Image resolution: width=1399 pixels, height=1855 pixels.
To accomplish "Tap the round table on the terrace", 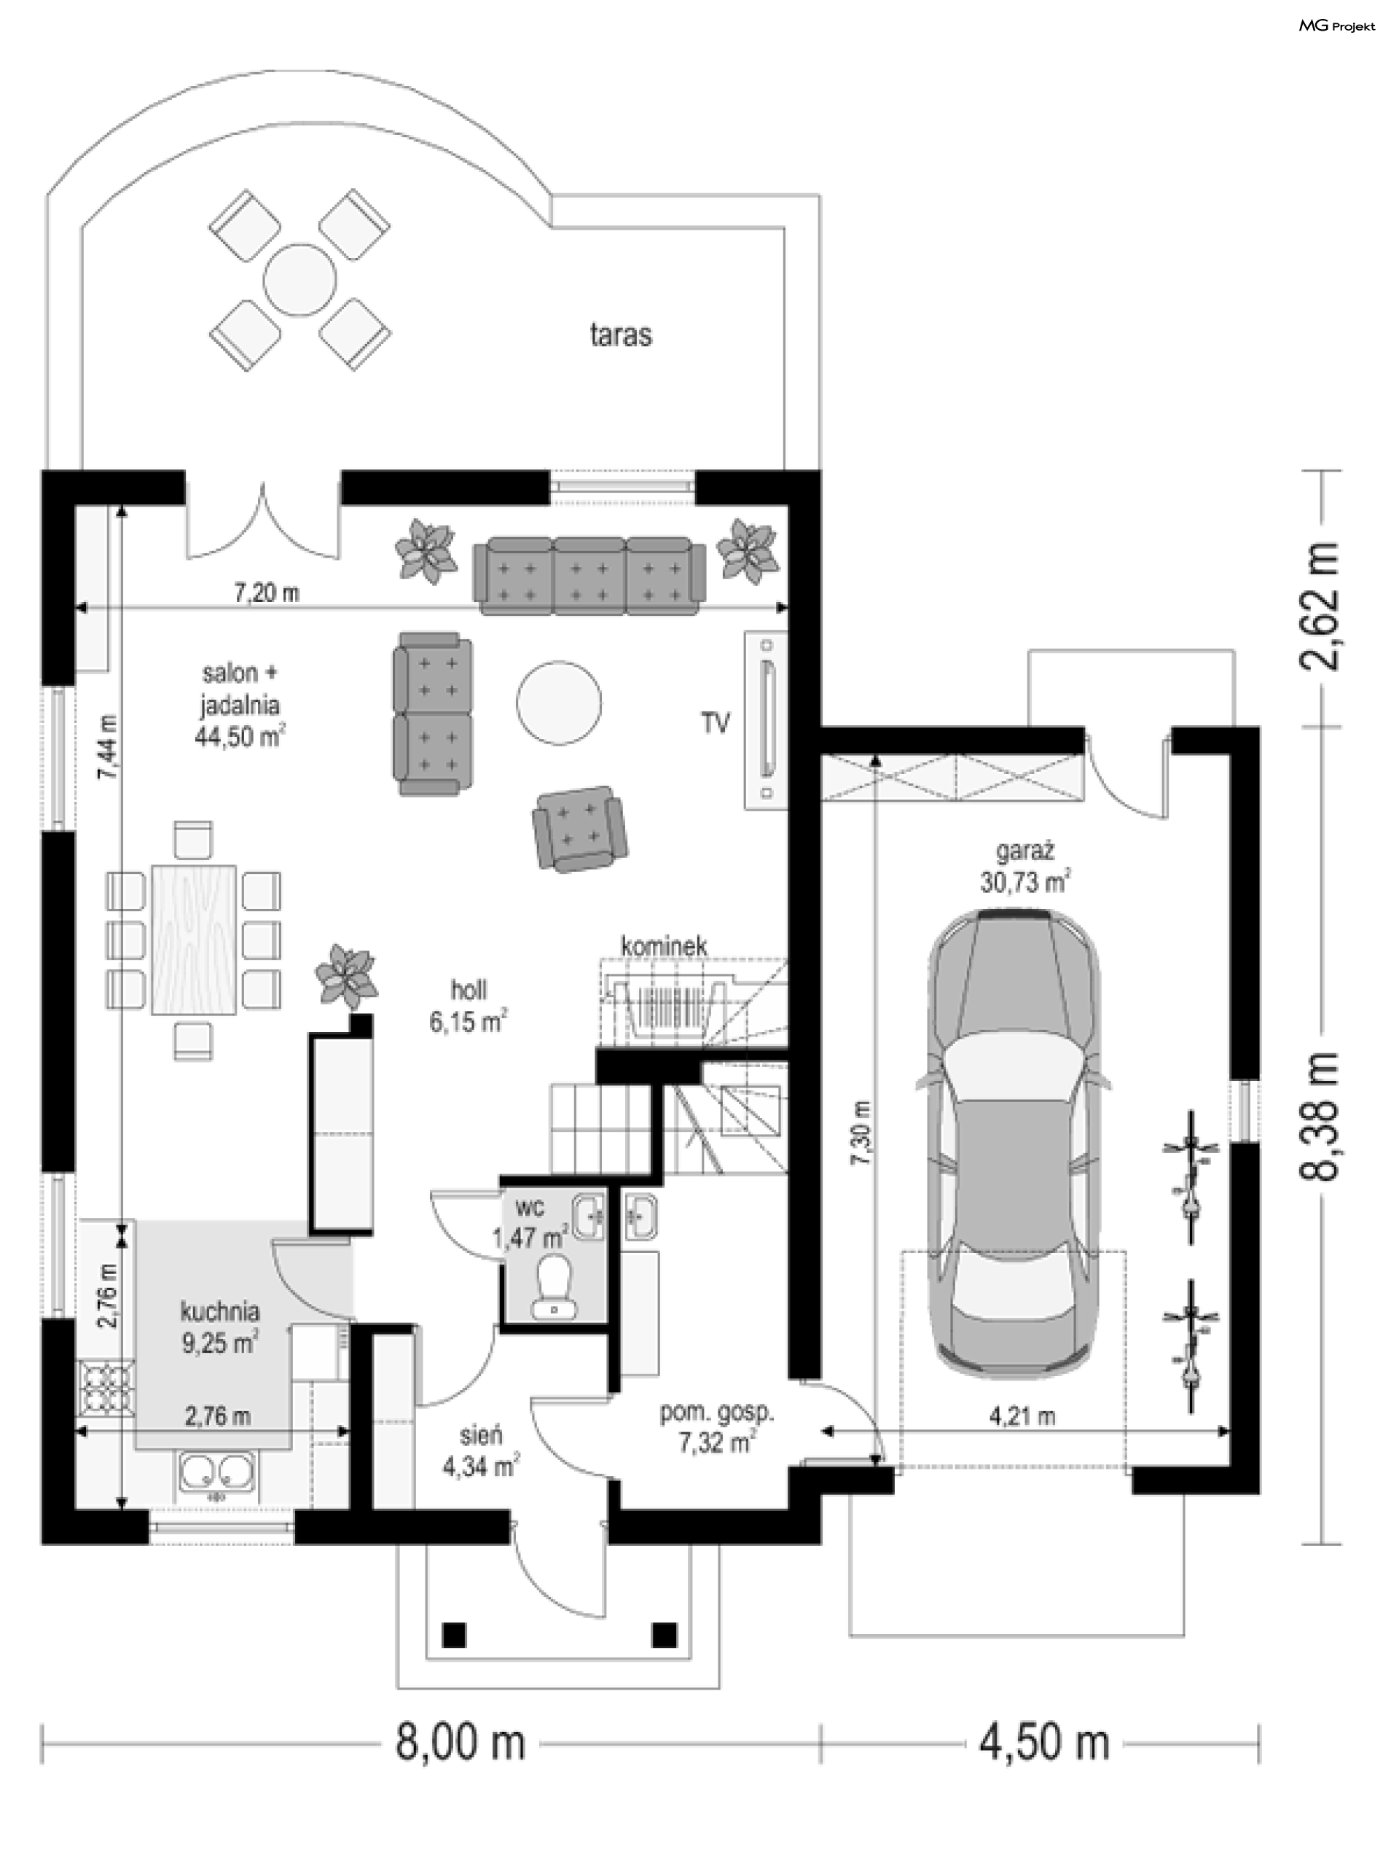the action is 299,280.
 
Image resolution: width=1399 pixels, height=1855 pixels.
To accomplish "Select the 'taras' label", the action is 620,335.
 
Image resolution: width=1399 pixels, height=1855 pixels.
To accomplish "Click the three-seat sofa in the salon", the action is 589,575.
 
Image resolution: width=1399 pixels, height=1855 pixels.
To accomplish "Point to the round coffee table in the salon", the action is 557,703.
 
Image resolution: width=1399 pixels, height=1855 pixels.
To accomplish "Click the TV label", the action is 715,723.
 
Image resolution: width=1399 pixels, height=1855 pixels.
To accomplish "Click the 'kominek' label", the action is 664,946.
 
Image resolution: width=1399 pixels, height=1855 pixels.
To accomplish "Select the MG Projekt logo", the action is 1336,26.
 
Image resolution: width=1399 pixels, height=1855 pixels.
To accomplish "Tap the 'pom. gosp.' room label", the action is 717,1413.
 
